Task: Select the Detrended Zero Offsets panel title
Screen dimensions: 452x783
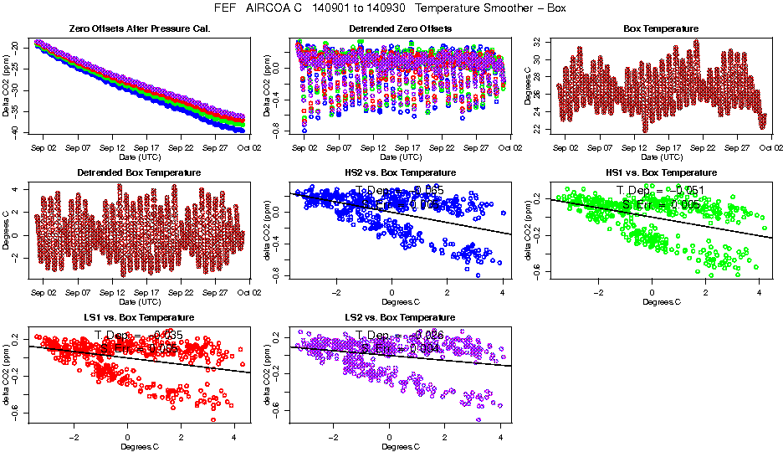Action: (x=400, y=28)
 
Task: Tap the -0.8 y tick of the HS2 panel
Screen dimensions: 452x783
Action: (x=278, y=275)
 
